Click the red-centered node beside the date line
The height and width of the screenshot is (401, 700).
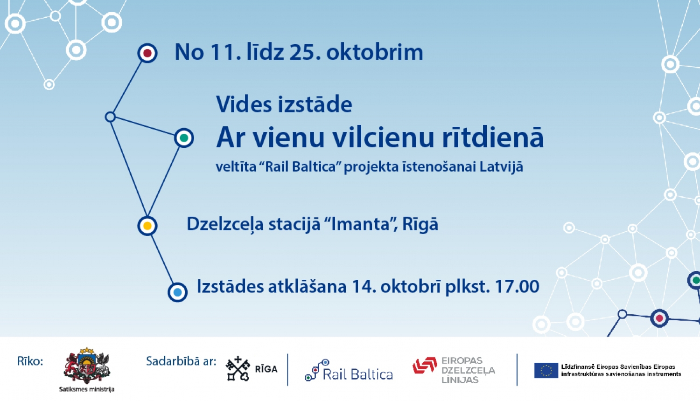click(x=147, y=53)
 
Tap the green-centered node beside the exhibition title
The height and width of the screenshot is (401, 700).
click(x=184, y=138)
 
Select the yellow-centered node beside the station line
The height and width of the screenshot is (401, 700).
click(x=147, y=226)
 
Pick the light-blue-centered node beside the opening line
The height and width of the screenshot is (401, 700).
click(x=177, y=292)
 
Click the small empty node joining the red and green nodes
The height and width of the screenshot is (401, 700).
click(x=110, y=117)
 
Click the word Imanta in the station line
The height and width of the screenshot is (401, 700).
click(x=360, y=224)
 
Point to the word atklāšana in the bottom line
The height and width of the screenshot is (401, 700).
click(x=307, y=286)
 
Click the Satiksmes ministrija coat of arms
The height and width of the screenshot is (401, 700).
click(x=87, y=366)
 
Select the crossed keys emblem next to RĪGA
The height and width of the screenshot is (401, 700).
click(x=238, y=368)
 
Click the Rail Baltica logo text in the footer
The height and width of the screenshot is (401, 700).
click(x=357, y=374)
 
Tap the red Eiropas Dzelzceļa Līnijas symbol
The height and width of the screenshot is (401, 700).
click(x=425, y=366)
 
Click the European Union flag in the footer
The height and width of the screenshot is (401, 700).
click(x=546, y=370)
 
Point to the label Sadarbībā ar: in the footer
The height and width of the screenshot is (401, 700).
click(x=181, y=361)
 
